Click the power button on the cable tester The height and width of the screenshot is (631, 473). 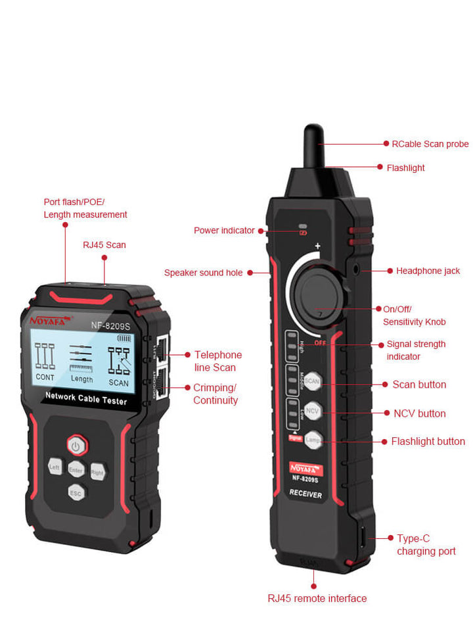point(77,446)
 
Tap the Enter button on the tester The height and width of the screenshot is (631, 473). point(76,471)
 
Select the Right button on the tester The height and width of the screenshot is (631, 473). point(98,471)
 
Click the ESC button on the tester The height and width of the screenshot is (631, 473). point(76,492)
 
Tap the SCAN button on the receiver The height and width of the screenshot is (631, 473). point(312,381)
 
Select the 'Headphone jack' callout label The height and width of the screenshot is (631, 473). point(428,271)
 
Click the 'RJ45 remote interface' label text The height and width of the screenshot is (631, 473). point(317,598)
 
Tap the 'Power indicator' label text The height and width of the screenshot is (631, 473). point(224,231)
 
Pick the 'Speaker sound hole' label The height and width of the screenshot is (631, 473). point(203,273)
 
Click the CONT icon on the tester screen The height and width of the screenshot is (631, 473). point(45,362)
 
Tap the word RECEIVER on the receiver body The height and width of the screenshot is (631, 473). point(306,495)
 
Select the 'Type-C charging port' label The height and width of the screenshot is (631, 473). point(426,545)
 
